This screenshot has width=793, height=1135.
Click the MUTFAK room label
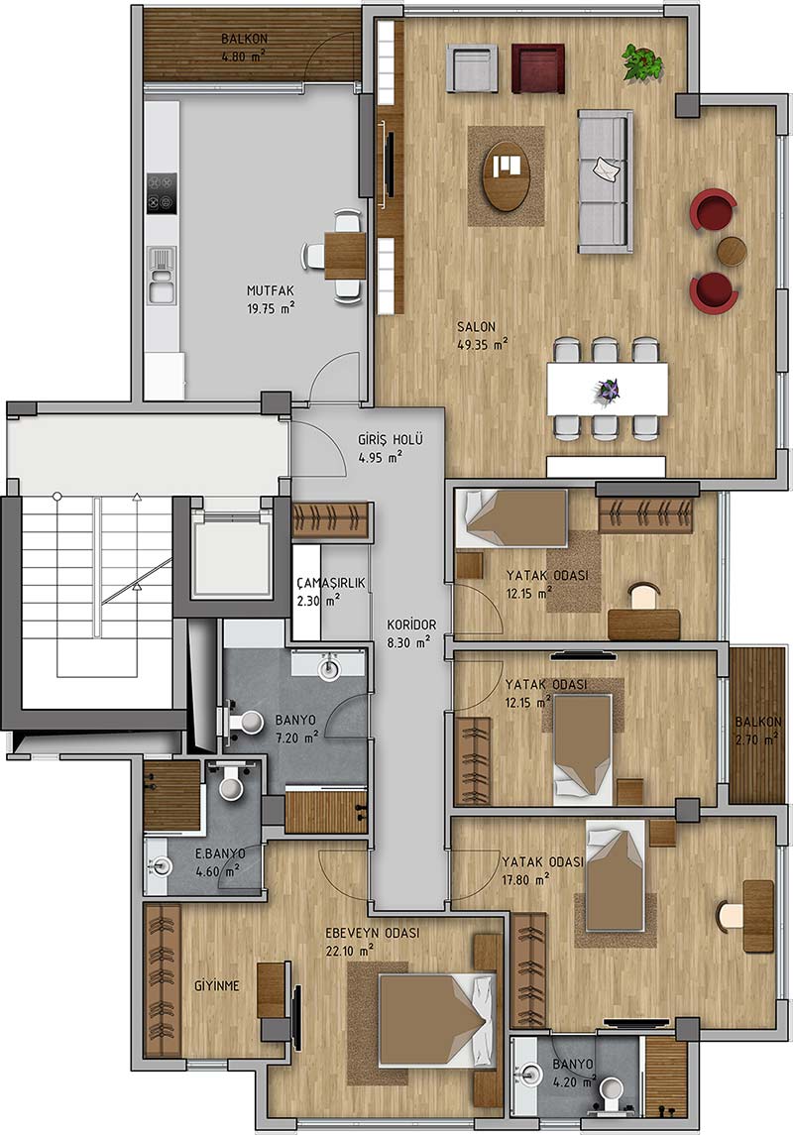point(270,291)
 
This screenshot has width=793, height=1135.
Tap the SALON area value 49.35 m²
point(482,345)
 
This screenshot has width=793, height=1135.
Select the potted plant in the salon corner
point(642,62)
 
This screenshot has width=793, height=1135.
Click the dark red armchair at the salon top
point(537,68)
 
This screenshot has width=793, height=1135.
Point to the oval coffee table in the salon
point(506,175)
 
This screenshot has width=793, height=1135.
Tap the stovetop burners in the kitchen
point(163,193)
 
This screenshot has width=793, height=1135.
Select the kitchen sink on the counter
point(162,275)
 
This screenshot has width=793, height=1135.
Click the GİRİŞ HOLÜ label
point(390,439)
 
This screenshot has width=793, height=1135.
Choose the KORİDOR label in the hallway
point(411,624)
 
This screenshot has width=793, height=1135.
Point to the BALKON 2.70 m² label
point(757,730)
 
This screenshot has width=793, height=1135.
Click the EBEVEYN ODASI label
point(372,933)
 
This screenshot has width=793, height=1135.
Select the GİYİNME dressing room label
point(217,986)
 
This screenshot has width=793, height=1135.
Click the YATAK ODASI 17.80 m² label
point(542,869)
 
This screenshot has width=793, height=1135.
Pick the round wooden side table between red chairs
point(732,251)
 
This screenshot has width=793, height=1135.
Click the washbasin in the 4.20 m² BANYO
point(532,1075)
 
